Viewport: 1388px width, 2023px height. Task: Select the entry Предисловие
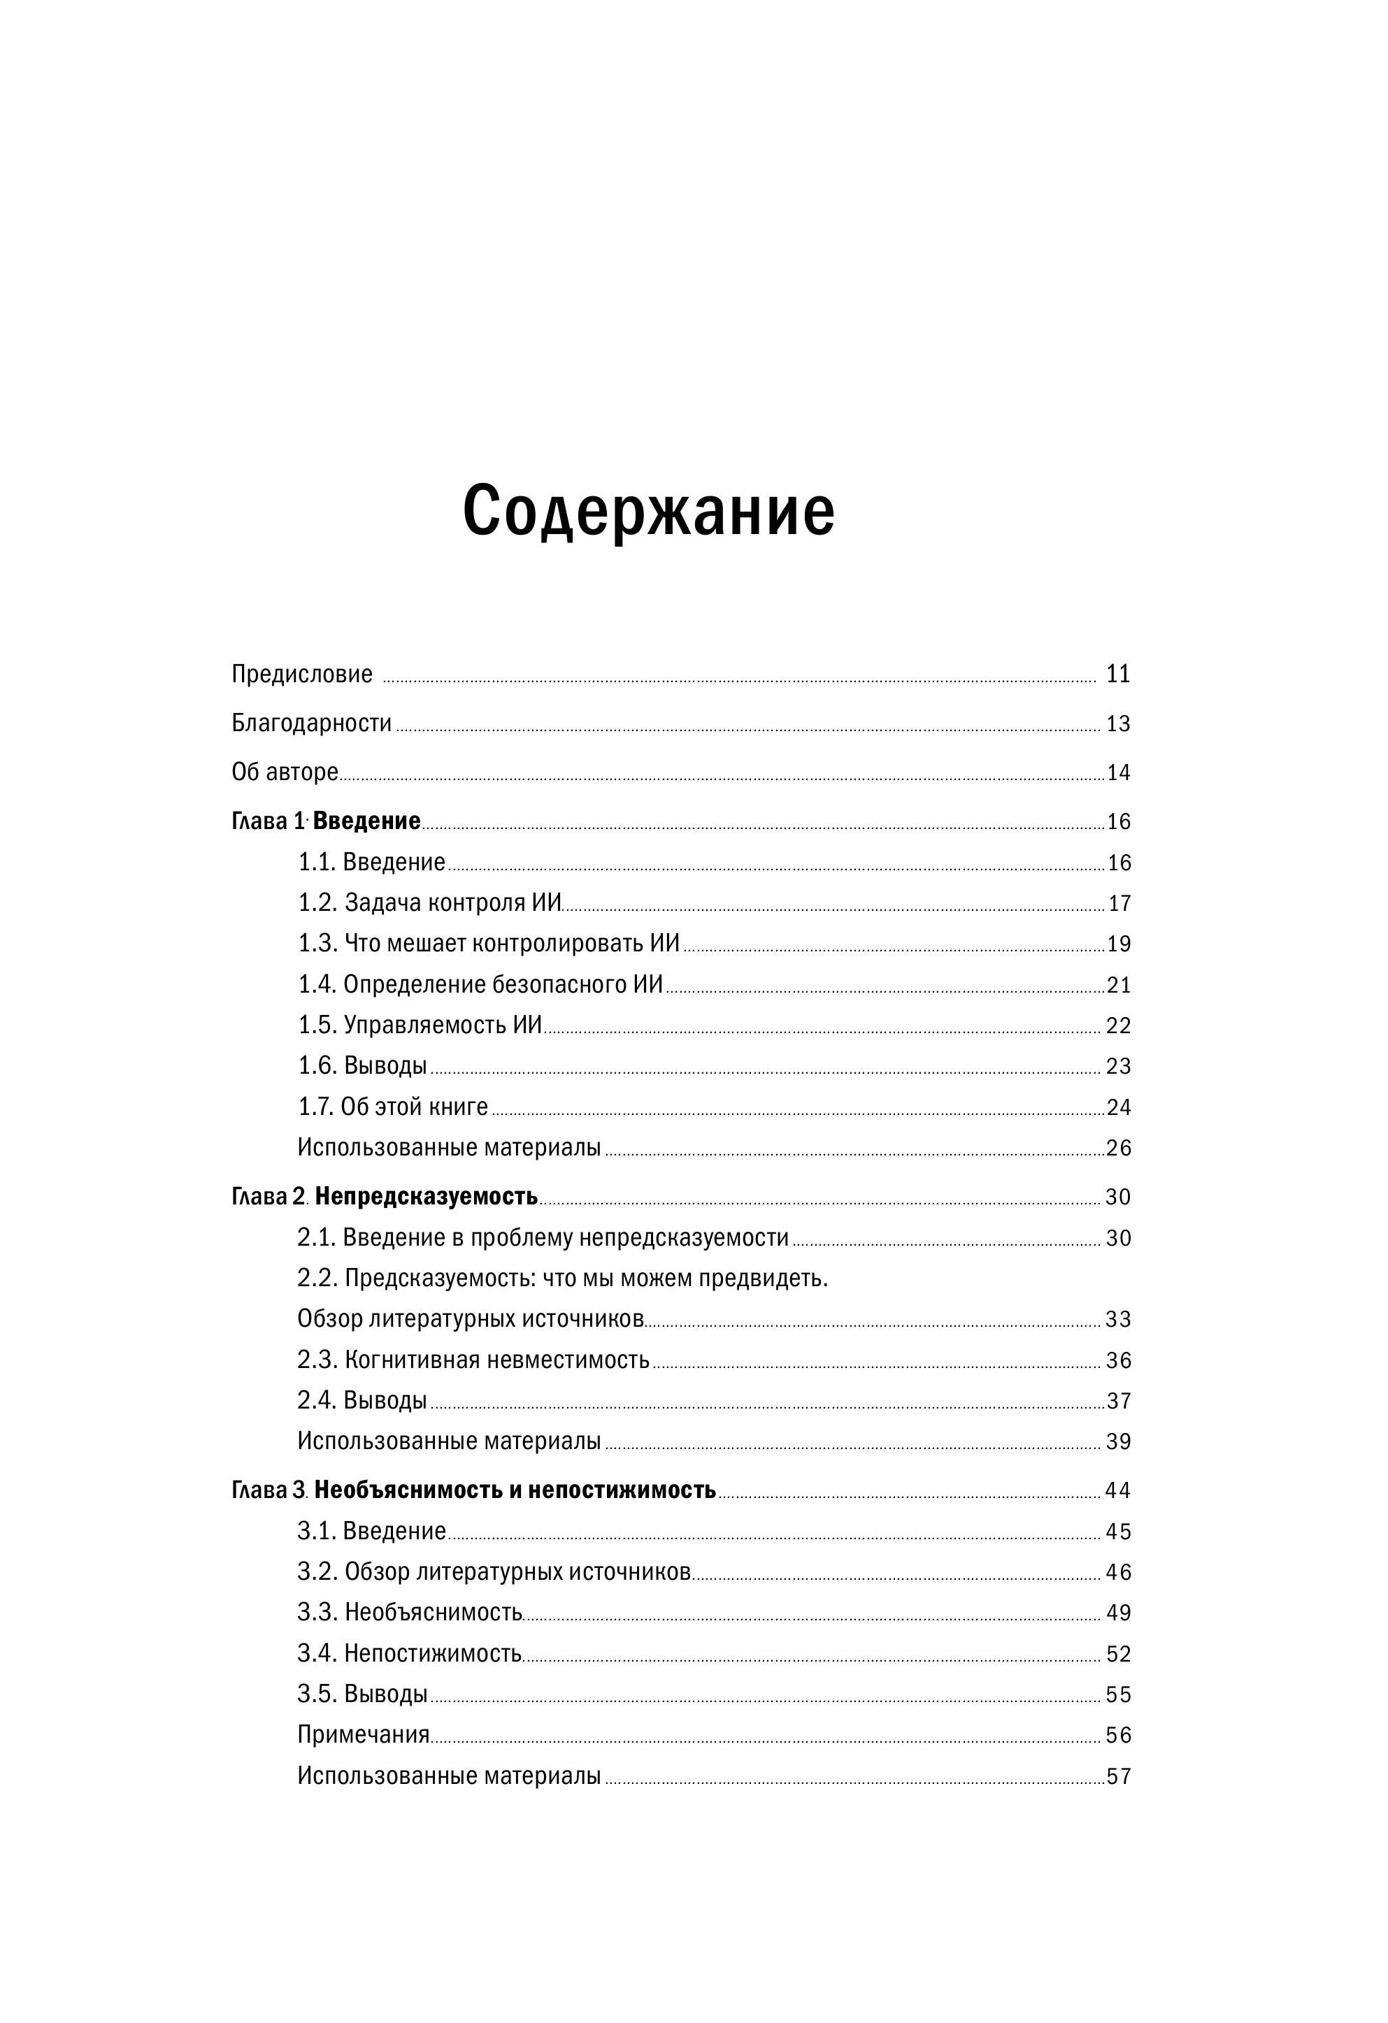click(301, 674)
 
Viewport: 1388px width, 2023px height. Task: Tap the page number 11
click(1117, 674)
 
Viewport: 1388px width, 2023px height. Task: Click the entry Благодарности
click(311, 723)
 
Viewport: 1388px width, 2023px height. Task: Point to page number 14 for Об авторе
click(1118, 773)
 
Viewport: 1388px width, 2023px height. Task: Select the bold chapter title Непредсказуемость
click(426, 1197)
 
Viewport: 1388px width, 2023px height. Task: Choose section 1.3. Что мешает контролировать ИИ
click(489, 944)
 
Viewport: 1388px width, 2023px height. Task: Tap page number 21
click(1118, 986)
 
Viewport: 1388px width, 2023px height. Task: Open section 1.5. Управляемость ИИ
click(420, 1025)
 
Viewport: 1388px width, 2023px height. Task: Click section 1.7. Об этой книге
click(393, 1107)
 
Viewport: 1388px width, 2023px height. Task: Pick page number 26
click(1118, 1149)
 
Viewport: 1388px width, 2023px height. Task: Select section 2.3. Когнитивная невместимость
click(473, 1360)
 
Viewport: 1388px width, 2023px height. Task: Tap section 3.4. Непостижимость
click(409, 1653)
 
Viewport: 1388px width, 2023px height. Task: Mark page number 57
click(1118, 1777)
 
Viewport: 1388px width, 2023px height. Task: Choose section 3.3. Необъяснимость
click(409, 1612)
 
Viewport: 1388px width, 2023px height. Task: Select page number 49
click(1118, 1613)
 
